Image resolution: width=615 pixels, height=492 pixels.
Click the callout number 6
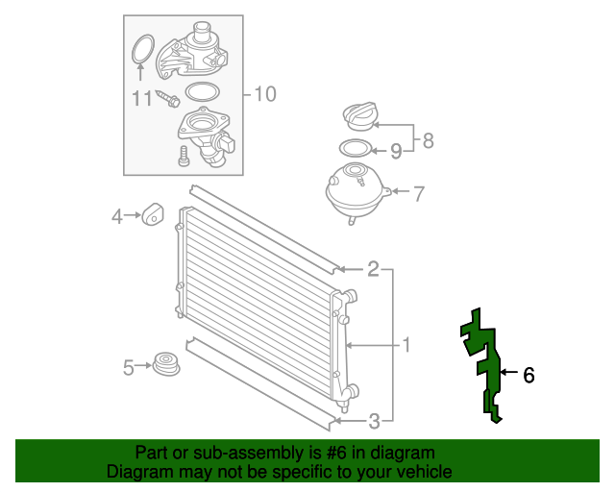[529, 376]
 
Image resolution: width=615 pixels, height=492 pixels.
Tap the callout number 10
[264, 93]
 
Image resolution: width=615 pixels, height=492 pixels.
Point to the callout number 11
[142, 98]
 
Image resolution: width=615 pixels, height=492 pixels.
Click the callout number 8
[428, 140]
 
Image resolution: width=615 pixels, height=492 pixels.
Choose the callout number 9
[395, 150]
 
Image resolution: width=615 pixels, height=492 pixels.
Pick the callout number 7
[418, 193]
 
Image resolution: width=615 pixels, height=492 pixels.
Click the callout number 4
[116, 217]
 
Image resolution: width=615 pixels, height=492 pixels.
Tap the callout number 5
[129, 366]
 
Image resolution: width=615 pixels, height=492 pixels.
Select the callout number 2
[373, 269]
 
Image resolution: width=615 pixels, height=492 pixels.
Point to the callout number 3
[375, 419]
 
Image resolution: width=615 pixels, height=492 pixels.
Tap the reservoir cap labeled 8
[360, 119]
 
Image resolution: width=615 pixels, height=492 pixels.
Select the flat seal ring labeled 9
[355, 149]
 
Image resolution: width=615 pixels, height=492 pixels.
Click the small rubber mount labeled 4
[153, 216]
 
